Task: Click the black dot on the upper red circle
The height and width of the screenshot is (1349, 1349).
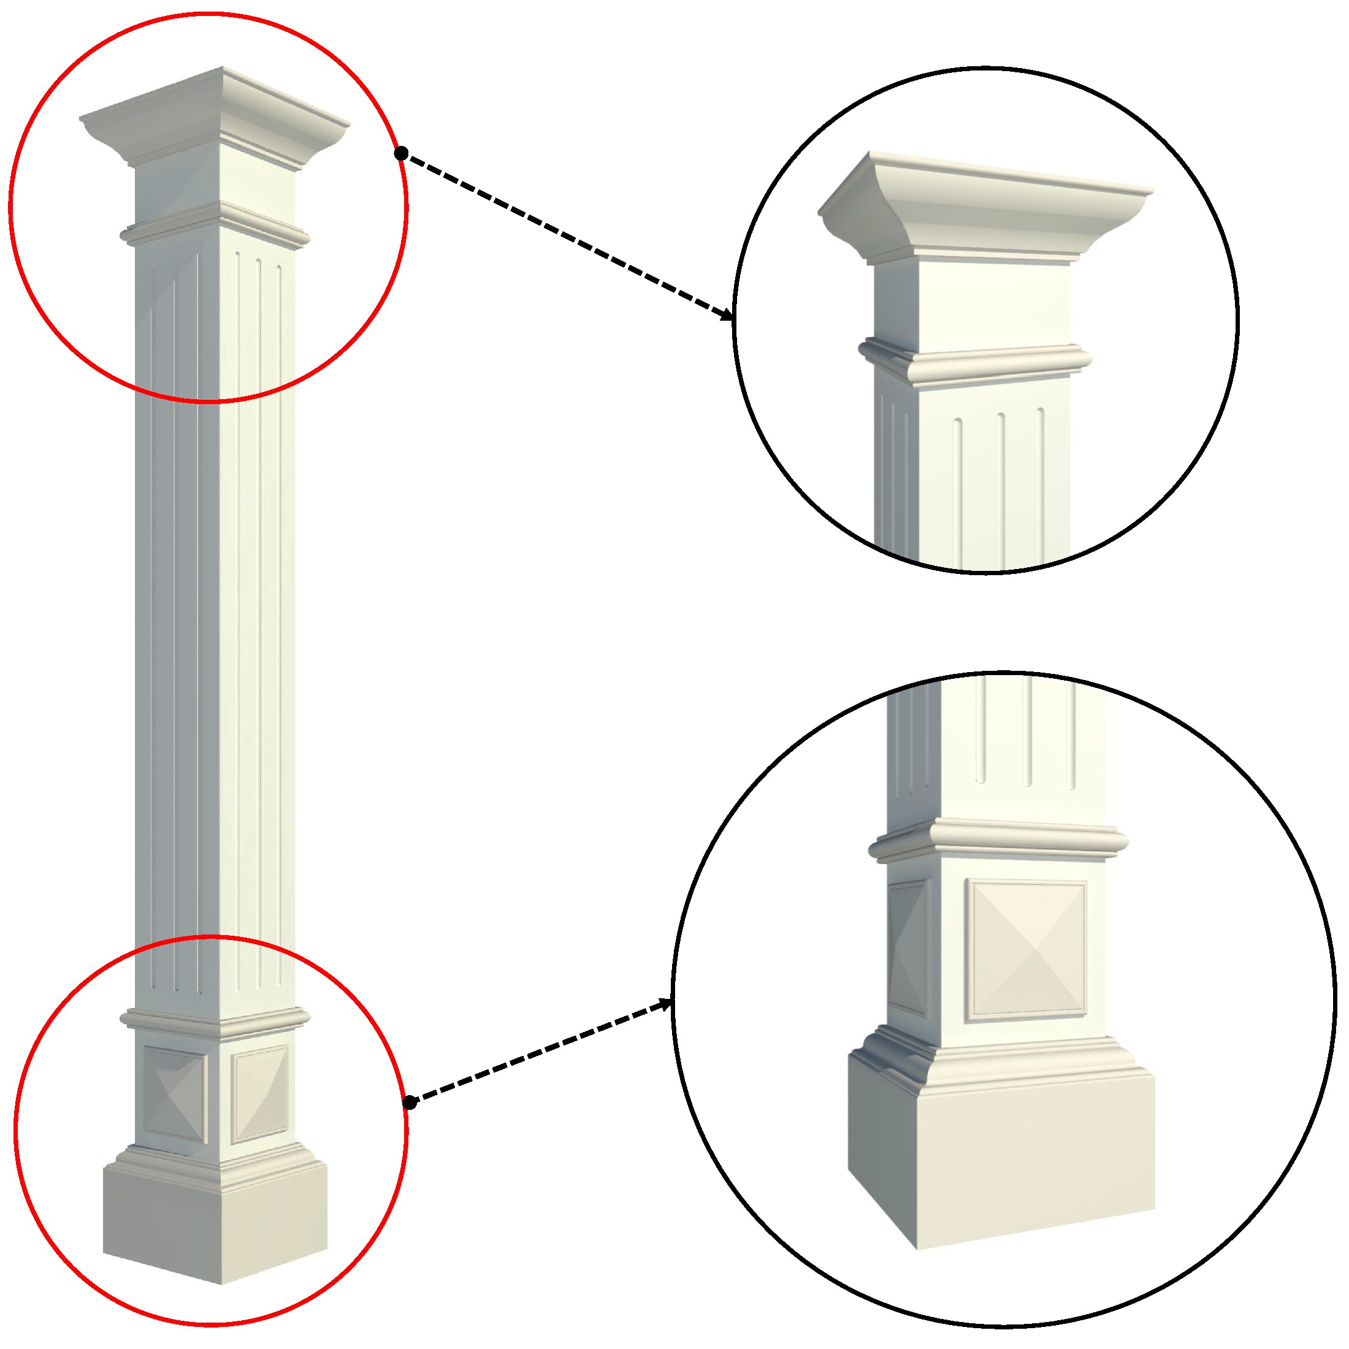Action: pos(401,154)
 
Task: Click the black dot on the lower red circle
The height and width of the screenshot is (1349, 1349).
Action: pos(410,1103)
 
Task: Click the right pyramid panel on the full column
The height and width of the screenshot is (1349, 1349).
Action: pos(260,1093)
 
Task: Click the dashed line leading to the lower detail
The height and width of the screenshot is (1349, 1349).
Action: pos(538,1053)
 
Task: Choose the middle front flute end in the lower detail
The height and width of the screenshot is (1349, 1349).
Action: pos(1026,781)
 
